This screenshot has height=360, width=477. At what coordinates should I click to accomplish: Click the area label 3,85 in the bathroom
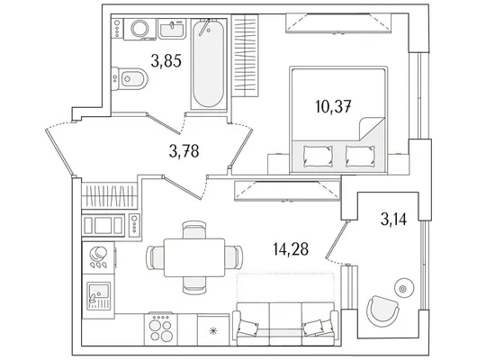[x=166, y=60]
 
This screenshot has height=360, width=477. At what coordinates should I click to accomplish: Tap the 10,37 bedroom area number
[x=333, y=107]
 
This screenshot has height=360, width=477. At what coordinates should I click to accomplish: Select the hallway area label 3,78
[x=184, y=151]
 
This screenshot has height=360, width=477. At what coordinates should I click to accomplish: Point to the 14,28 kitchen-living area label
[x=291, y=249]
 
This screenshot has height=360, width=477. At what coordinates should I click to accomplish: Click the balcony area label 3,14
[x=393, y=219]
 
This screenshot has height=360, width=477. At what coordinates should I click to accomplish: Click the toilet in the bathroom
[x=130, y=79]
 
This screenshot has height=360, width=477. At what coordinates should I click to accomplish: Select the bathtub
[x=209, y=64]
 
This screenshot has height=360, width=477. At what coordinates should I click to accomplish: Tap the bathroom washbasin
[x=172, y=29]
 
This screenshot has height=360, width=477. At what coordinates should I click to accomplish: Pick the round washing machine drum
[x=139, y=28]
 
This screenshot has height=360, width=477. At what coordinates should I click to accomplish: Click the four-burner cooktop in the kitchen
[x=160, y=329]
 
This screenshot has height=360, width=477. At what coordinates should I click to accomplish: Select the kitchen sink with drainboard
[x=98, y=296]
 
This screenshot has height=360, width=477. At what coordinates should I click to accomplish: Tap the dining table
[x=194, y=257]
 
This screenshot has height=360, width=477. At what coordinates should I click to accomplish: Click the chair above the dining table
[x=194, y=229]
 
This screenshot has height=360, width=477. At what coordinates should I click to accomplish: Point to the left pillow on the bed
[x=318, y=156]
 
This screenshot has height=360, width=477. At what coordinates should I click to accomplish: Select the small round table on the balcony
[x=403, y=288]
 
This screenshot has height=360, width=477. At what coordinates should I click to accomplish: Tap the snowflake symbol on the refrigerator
[x=213, y=331]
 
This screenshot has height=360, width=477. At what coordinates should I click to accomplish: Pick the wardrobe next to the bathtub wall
[x=245, y=56]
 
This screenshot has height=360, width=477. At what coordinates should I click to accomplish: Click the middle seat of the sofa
[x=285, y=324]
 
